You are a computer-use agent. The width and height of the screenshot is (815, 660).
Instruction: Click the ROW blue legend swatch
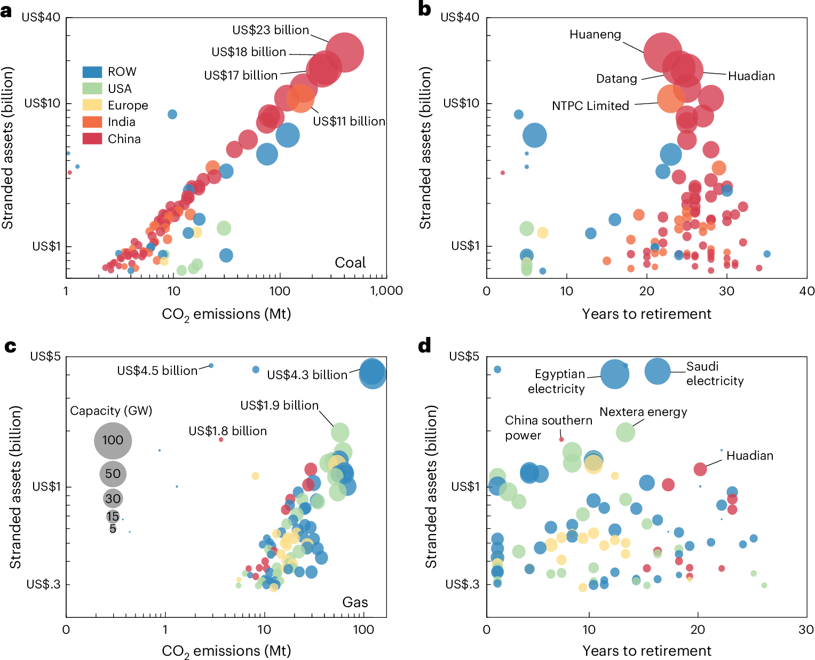tap(92, 72)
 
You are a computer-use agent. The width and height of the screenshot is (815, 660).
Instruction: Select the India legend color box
tap(92, 122)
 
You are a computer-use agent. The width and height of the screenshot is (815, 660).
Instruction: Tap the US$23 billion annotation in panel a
tap(270, 30)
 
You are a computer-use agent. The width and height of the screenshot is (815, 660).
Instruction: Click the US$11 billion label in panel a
tap(349, 122)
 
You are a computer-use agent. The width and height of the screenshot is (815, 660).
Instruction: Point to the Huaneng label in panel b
tap(595, 35)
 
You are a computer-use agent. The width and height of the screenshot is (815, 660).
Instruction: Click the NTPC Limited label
tap(590, 106)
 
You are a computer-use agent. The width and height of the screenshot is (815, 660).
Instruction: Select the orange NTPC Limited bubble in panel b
tap(670, 99)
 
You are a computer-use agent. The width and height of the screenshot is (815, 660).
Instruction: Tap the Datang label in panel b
tap(616, 79)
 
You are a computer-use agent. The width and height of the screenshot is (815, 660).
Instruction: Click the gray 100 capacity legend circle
tap(113, 441)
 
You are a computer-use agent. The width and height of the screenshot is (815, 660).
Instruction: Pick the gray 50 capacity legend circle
tap(113, 474)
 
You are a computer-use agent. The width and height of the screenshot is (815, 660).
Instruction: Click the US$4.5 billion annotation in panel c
tap(157, 371)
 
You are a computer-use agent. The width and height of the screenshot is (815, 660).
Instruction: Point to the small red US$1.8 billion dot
tap(221, 439)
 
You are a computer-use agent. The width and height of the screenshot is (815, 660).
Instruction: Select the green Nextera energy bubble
tap(625, 432)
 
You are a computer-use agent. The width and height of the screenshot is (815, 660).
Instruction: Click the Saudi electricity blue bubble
tap(657, 371)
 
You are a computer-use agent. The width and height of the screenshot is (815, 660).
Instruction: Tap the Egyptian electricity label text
tap(557, 381)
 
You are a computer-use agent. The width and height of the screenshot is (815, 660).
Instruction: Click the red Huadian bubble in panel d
tap(700, 469)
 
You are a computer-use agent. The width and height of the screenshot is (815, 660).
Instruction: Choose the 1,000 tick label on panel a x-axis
tap(386, 291)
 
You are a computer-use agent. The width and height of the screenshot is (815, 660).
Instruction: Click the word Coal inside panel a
tap(350, 263)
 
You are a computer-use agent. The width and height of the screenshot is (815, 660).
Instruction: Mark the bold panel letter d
tap(424, 346)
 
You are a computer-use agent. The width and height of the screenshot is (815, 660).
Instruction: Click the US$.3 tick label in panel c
tap(44, 584)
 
